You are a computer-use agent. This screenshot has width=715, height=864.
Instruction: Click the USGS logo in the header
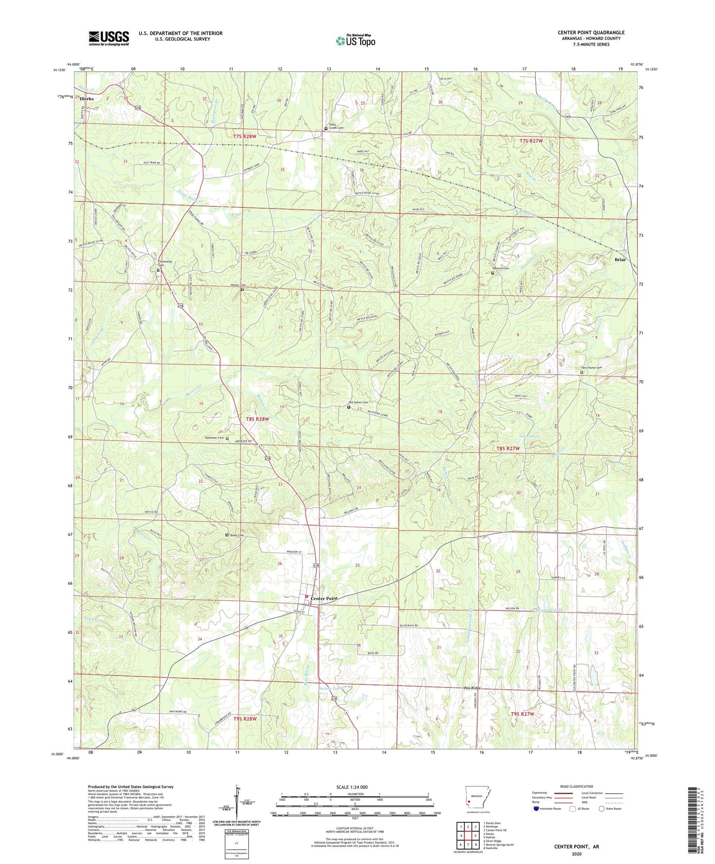(109, 38)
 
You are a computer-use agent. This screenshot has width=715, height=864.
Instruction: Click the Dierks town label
(87, 98)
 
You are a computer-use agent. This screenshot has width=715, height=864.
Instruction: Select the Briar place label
(620, 259)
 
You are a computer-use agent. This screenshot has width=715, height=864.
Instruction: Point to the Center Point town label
(324, 598)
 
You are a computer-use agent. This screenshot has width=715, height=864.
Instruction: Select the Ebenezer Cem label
(214, 438)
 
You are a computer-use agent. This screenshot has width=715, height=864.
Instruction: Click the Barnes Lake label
(330, 688)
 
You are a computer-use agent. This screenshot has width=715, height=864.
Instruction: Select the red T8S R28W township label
(257, 419)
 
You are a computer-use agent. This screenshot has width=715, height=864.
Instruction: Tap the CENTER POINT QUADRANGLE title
(591, 33)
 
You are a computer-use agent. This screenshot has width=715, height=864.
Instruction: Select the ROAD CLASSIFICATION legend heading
(576, 786)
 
